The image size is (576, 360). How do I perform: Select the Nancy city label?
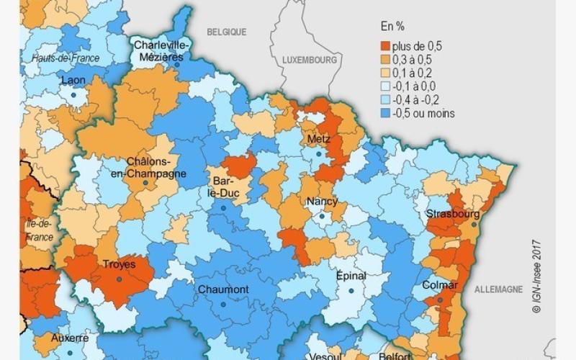322,202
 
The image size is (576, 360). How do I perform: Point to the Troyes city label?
120,265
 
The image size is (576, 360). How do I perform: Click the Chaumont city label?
223,289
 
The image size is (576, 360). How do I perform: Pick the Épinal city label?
351,276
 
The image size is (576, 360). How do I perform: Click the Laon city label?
73,80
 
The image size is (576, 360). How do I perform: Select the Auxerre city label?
70,338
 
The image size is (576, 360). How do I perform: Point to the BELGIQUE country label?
227,32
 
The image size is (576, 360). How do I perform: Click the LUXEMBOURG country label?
310,60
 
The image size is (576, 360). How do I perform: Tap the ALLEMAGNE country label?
498,289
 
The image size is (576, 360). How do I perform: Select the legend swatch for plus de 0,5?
385,46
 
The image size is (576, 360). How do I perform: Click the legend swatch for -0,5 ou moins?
385,113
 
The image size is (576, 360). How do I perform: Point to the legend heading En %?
392,27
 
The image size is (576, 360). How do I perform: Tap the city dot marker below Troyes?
119,279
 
